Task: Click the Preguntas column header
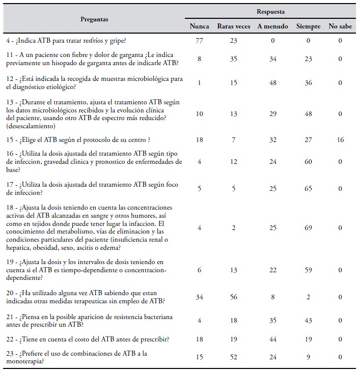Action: [x=94, y=19]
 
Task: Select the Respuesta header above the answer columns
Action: [x=270, y=11]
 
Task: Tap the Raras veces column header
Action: [x=233, y=26]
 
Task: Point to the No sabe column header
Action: [x=340, y=26]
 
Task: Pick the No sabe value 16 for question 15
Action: [x=340, y=139]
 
